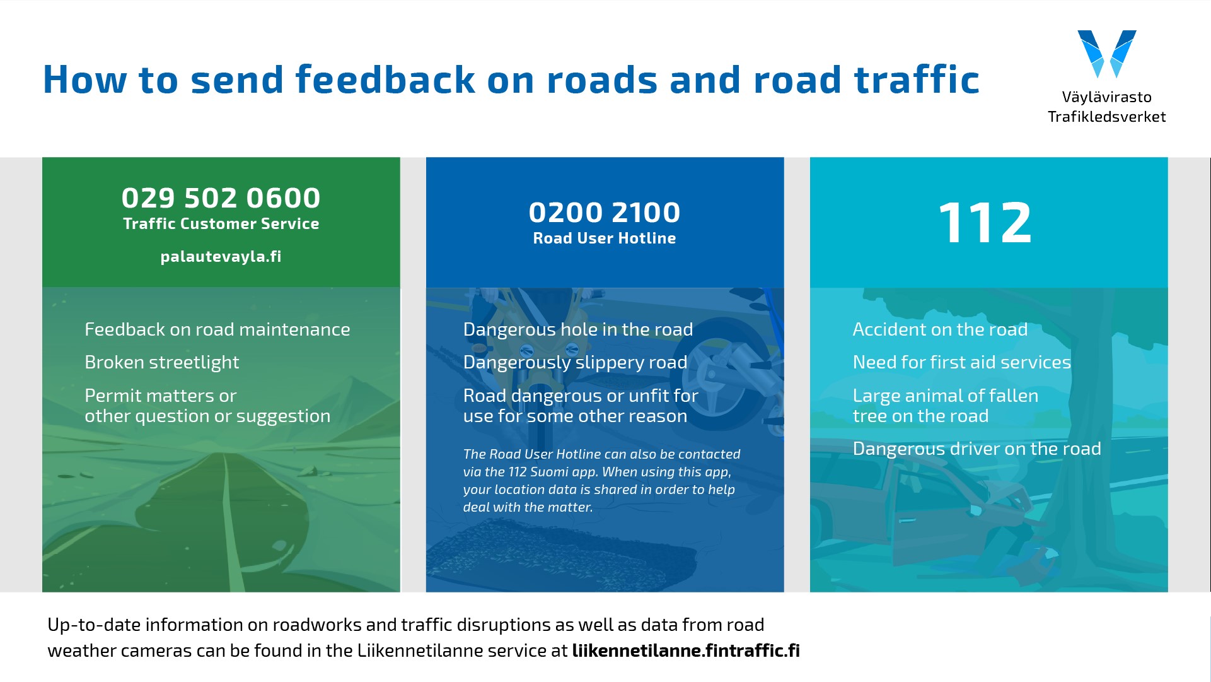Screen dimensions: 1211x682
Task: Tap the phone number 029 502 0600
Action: pos(221,198)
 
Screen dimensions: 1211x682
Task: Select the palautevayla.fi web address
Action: pos(221,257)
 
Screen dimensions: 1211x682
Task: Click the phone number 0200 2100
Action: pos(605,213)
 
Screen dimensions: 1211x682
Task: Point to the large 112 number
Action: pos(985,222)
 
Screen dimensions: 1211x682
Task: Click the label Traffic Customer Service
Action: pos(221,224)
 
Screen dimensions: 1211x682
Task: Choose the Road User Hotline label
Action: pos(605,238)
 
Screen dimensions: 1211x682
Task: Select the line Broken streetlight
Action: pos(162,363)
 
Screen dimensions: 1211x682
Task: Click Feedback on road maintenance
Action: pos(217,329)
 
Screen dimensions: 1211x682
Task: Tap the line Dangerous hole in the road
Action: pos(578,329)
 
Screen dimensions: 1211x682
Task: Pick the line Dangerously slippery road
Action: pos(575,363)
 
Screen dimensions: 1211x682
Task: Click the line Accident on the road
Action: pos(940,329)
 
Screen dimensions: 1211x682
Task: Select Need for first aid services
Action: pos(961,362)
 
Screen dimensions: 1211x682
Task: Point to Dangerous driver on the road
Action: pos(976,449)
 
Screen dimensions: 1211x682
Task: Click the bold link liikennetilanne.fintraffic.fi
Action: pos(686,650)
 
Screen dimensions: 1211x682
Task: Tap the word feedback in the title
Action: pos(385,79)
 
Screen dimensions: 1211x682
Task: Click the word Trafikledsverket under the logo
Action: pos(1107,117)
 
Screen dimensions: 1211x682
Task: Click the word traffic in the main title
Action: pos(917,79)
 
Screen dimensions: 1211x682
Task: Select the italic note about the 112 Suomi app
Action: pos(601,481)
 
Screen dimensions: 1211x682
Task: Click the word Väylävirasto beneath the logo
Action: pos(1107,97)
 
